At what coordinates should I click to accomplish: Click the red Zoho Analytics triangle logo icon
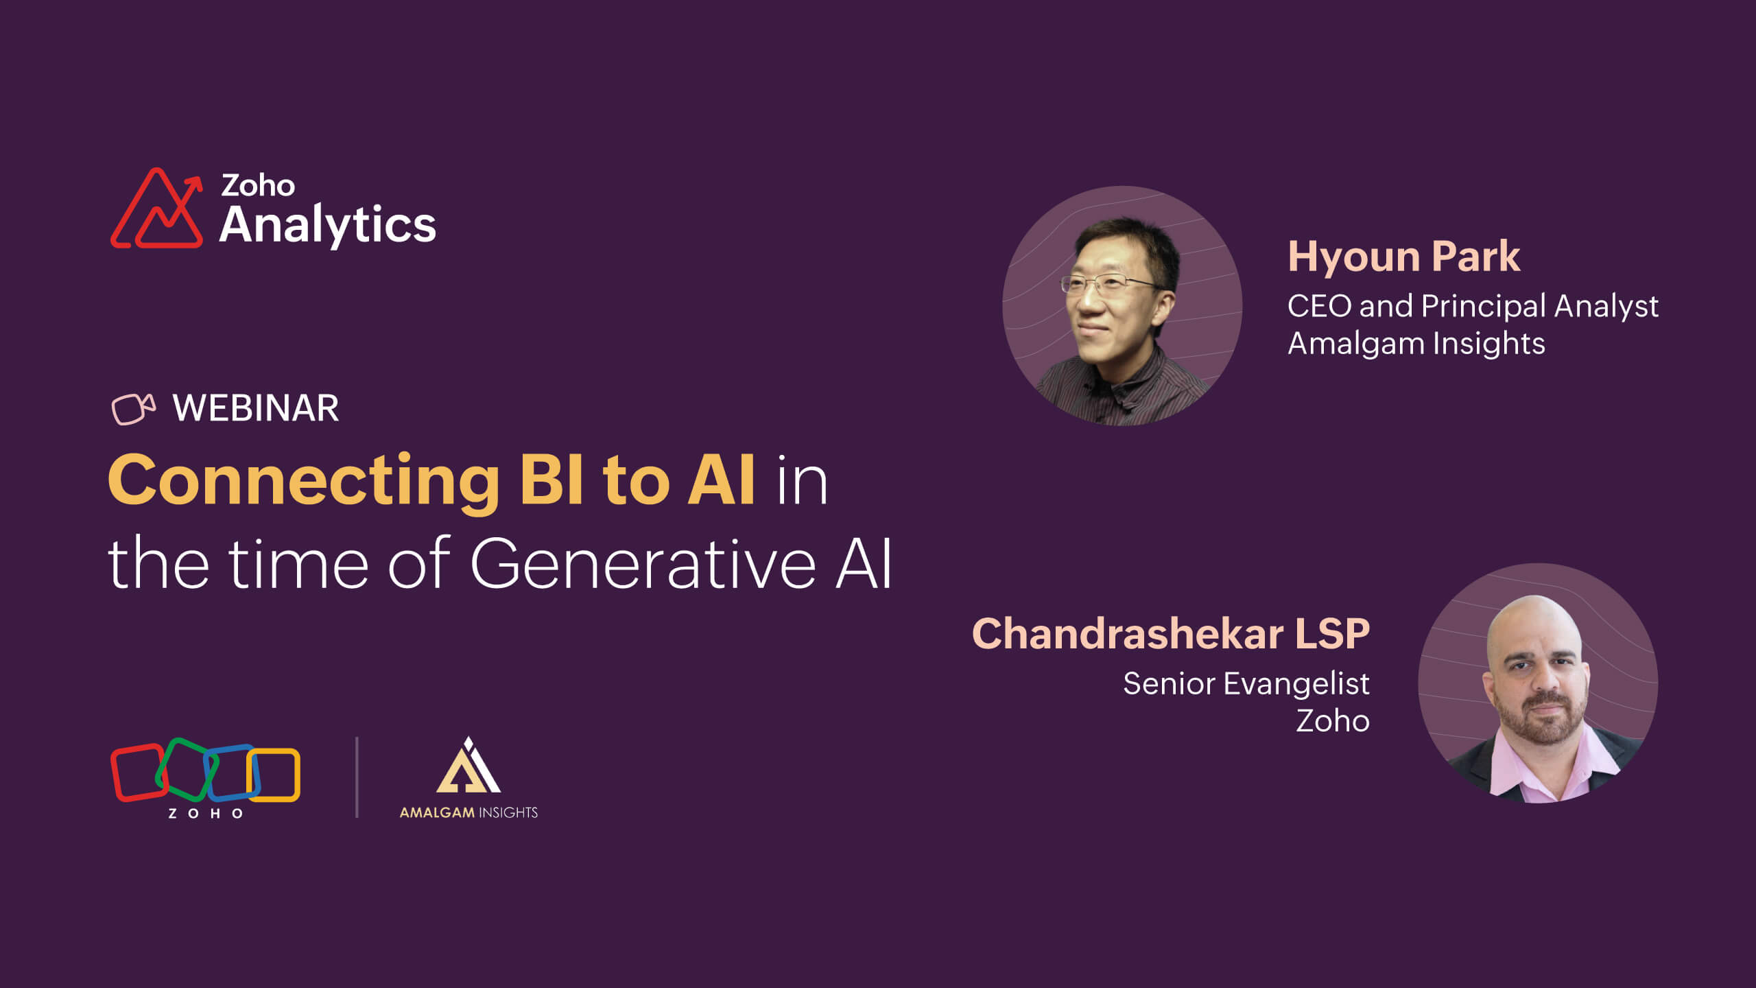coord(157,209)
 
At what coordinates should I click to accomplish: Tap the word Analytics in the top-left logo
coord(327,225)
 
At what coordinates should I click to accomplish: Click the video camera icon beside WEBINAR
coord(132,409)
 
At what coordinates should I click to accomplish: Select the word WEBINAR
coord(255,408)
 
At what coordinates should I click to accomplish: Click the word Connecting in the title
coord(304,480)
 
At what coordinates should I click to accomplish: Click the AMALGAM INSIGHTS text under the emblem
coord(468,812)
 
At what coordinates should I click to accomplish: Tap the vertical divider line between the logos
coord(357,777)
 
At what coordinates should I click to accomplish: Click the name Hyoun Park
coord(1403,257)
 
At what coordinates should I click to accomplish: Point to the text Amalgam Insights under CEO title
coord(1416,343)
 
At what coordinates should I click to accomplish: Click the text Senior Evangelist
coord(1246,683)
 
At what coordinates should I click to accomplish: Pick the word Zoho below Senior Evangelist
coord(1332,721)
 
